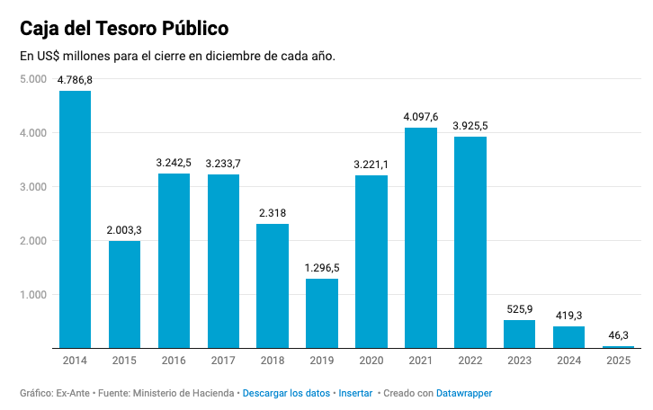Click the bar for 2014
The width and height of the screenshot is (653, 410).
click(75, 218)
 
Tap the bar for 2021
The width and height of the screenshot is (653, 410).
click(420, 237)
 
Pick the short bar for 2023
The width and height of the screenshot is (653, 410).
click(519, 334)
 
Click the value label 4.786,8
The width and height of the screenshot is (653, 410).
click(75, 80)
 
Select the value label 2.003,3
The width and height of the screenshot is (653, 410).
click(124, 230)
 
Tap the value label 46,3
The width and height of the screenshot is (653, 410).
click(618, 335)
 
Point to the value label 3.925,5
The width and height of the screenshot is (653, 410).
click(470, 126)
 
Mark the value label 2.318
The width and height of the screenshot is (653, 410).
click(272, 213)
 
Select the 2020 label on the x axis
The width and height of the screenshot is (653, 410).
click(371, 361)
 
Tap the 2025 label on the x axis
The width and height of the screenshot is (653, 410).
click(618, 361)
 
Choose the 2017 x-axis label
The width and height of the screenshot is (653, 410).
click(223, 361)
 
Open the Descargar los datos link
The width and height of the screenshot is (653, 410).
click(286, 394)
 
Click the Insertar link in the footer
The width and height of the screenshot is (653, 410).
click(355, 394)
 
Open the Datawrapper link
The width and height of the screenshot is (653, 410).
click(464, 394)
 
